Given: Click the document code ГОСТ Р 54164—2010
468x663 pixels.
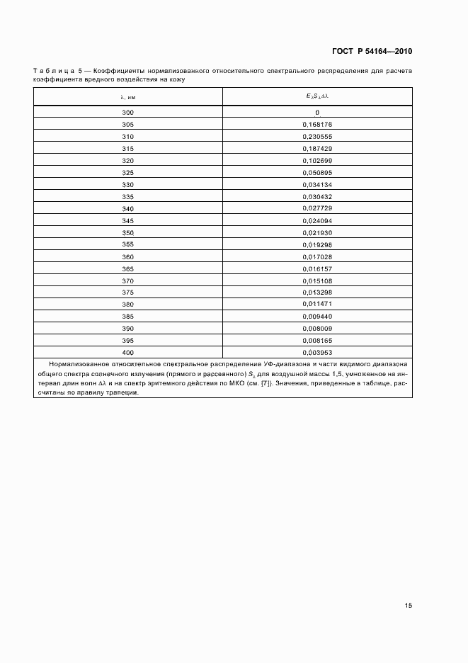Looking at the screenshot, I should (x=372, y=52).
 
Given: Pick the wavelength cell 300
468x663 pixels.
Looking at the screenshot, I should (x=127, y=113).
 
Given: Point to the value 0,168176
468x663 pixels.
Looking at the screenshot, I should (x=317, y=125).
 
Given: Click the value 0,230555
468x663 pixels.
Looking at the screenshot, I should (x=317, y=137).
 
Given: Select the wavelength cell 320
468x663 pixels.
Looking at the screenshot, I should (x=127, y=161).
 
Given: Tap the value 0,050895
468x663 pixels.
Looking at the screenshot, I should (x=317, y=173).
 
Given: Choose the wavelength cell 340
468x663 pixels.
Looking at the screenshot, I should (x=127, y=209).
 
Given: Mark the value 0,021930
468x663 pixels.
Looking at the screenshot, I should (x=317, y=233).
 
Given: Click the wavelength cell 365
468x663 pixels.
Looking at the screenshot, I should (x=127, y=269).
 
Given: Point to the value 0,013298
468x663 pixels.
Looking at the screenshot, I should (x=317, y=293).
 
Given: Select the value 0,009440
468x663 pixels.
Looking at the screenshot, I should (x=317, y=317).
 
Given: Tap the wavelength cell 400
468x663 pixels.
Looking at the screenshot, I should (x=127, y=353).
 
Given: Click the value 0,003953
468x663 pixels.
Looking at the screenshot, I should (x=317, y=353).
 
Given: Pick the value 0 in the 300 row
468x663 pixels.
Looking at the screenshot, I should (x=317, y=113).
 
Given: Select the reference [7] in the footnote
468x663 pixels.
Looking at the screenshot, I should (x=264, y=385).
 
